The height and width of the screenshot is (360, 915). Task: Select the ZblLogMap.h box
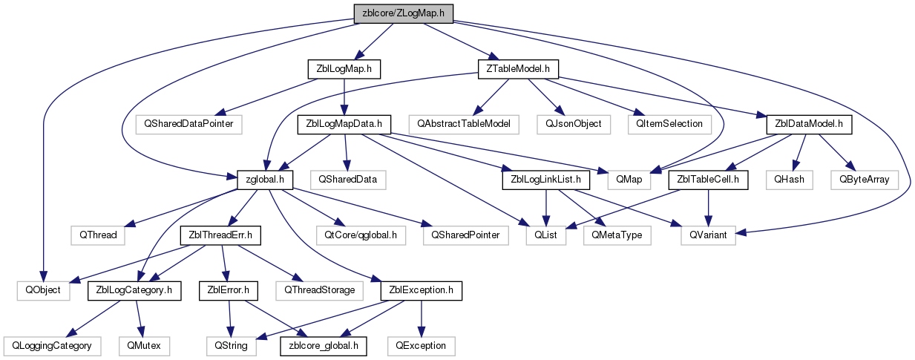tap(344, 68)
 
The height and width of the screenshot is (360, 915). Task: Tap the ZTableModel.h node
tap(516, 68)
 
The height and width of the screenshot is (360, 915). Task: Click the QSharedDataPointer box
tap(189, 123)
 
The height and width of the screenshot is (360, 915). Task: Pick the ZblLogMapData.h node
tap(344, 123)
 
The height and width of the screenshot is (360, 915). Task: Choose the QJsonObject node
tap(572, 123)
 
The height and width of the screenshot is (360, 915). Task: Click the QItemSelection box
tap(669, 123)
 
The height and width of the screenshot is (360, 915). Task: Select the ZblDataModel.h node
tap(804, 123)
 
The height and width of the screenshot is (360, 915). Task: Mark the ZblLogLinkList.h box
tap(546, 179)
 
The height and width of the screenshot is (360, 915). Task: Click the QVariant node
tap(708, 235)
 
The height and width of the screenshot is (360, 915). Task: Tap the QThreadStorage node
tap(315, 290)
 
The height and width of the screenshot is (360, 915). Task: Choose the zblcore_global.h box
tap(323, 346)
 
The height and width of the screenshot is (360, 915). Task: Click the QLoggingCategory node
tap(51, 346)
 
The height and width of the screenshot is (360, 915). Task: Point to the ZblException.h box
tap(421, 290)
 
